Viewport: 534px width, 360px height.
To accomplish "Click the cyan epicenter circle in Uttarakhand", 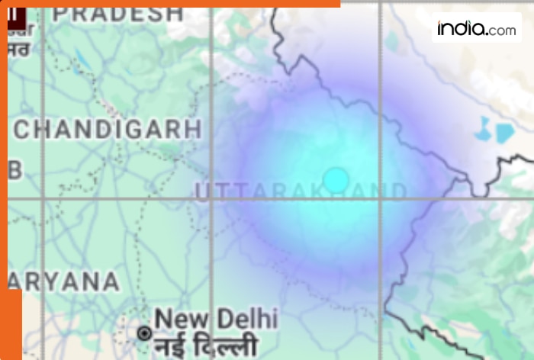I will pos(336,180).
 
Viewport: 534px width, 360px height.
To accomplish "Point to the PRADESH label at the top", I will pos(118,14).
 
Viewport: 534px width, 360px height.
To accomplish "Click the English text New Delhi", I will pos(216,318).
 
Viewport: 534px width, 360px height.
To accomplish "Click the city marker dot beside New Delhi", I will pos(144,333).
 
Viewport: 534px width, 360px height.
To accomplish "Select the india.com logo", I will pos(476,29).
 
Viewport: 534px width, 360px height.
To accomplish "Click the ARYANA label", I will pos(65,282).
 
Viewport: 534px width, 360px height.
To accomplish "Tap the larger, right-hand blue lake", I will pos(504,133).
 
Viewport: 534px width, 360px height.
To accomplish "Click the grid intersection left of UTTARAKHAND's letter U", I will pos(211,199).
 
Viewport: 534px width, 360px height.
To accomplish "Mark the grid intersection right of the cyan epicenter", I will pos(380,199).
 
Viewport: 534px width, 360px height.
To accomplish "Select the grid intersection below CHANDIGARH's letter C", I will pos(43,199).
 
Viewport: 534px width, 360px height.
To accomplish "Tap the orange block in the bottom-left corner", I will pos(11,324).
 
